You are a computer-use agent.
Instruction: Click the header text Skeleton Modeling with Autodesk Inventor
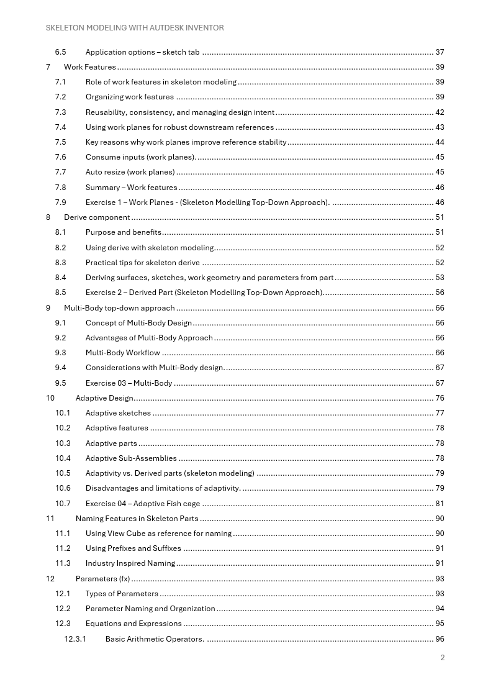[x=135, y=28]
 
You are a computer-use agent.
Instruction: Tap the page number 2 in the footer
[x=442, y=658]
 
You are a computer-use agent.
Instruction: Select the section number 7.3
[x=60, y=112]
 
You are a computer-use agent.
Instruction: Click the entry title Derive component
[x=97, y=217]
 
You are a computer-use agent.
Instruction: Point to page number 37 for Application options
[x=440, y=52]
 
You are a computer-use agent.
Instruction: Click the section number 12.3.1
[x=75, y=638]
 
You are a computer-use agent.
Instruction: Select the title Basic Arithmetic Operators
[x=155, y=638]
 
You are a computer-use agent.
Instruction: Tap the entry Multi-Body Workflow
[x=122, y=353]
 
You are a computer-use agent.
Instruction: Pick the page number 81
[x=440, y=504]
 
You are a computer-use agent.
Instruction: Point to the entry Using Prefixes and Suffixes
[x=133, y=548]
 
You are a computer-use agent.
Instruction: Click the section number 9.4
[x=60, y=368]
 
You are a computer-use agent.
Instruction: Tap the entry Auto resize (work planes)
[x=130, y=172]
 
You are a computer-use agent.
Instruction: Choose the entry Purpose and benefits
[x=123, y=232]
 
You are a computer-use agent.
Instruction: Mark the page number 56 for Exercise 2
[x=440, y=293]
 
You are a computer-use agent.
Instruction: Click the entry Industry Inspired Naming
[x=130, y=563]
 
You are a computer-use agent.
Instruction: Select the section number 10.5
[x=63, y=473]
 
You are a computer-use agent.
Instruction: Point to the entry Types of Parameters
[x=122, y=594]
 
